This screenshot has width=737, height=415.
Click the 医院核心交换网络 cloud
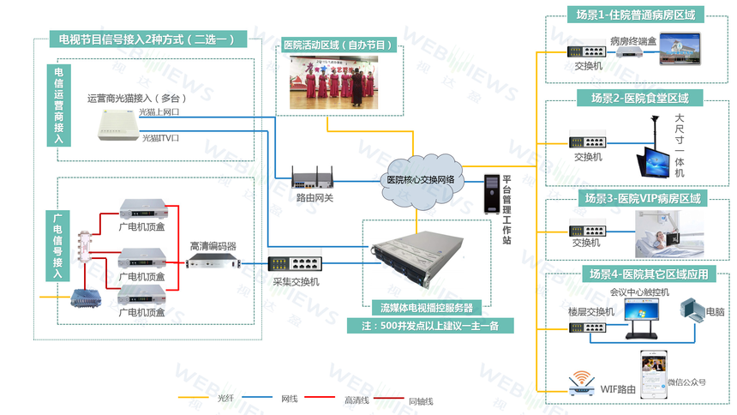pos(420,178)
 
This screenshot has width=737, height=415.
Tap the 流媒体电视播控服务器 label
pos(426,307)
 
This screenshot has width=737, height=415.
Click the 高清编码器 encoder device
pos(213,261)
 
